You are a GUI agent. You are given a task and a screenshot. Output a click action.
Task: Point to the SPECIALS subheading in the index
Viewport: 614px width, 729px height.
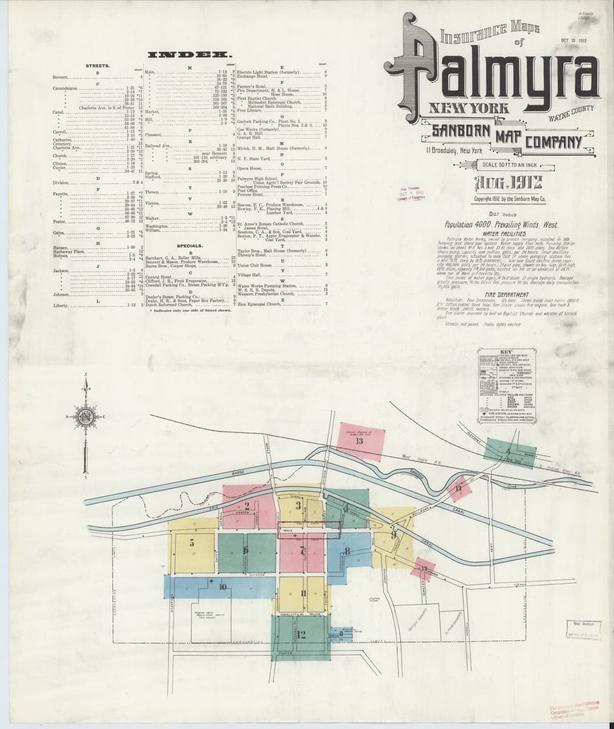(189, 245)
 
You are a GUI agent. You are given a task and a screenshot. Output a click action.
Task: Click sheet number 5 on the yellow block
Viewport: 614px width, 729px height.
(193, 542)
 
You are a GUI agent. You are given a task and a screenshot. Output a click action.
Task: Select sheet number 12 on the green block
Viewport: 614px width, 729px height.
(302, 635)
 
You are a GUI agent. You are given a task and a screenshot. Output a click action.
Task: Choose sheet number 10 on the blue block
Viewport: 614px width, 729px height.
(223, 586)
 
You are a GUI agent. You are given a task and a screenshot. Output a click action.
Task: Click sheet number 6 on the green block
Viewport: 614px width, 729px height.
(245, 550)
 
